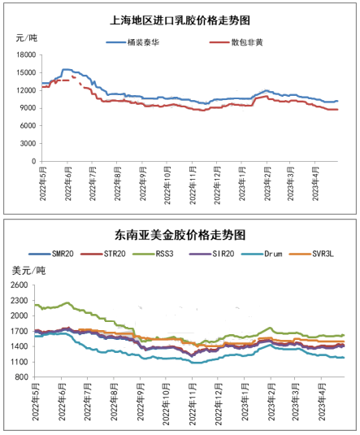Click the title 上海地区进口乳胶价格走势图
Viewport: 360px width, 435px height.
pos(180,20)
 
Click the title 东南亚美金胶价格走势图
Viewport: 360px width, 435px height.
pos(180,235)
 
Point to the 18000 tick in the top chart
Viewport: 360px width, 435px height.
pos(26,55)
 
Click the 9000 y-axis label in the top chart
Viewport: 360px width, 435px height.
pos(28,108)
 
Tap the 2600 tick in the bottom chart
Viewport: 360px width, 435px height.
pos(20,285)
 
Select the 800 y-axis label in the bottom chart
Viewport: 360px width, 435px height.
pos(21,377)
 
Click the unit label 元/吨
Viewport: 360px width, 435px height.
pos(26,37)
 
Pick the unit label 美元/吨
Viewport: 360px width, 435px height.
pos(28,271)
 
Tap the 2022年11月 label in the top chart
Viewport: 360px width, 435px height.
pos(193,185)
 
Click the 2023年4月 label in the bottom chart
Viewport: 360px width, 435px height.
pos(322,402)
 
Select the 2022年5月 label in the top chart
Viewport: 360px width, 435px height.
pos(43,184)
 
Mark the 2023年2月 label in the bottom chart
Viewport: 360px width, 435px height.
pos(271,402)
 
